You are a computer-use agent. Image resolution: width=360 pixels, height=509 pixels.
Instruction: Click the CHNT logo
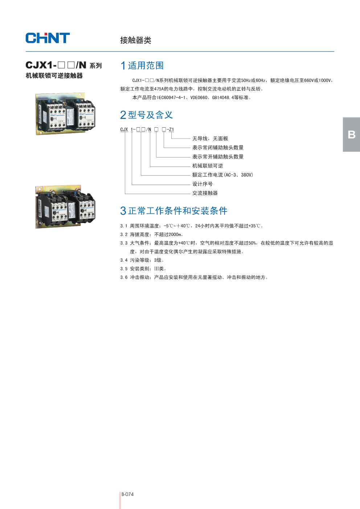[x=48, y=38]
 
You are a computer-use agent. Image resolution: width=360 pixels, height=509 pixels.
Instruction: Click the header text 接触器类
[x=136, y=40]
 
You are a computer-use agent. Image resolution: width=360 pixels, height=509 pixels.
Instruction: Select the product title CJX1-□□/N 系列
[x=64, y=65]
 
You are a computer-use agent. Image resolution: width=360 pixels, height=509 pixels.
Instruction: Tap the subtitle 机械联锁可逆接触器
[x=54, y=76]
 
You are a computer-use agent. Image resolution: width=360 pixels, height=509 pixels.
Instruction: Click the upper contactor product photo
[x=65, y=114]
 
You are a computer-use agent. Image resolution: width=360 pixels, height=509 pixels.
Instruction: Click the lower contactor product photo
[x=65, y=207]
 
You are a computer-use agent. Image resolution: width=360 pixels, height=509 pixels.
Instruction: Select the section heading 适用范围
[x=146, y=66]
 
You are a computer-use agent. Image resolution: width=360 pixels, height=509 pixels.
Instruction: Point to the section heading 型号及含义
[x=150, y=115]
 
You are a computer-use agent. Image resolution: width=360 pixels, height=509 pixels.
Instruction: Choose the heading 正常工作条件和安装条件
[x=177, y=211]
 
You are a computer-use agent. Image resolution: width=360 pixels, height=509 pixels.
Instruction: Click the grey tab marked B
[x=351, y=135]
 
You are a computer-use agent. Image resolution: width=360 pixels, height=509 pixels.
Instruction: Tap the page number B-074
[x=127, y=494]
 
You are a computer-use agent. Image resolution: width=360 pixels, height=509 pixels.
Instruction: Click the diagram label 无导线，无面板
[x=210, y=139]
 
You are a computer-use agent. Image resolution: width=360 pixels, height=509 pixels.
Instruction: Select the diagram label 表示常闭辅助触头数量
[x=218, y=148]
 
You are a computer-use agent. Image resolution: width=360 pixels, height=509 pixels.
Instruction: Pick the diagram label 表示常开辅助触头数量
[x=218, y=157]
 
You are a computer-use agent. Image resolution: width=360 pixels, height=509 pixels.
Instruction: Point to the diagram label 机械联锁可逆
[x=208, y=166]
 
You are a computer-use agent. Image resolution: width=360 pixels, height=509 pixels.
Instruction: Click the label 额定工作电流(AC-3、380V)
[x=222, y=175]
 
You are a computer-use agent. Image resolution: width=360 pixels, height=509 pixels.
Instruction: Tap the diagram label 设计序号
[x=202, y=184]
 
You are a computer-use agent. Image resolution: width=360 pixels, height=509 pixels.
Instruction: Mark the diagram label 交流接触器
[x=205, y=193]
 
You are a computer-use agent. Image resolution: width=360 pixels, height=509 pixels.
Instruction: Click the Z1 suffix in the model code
[x=171, y=130]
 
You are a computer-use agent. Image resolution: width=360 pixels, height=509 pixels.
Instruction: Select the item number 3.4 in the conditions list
[x=124, y=260]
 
